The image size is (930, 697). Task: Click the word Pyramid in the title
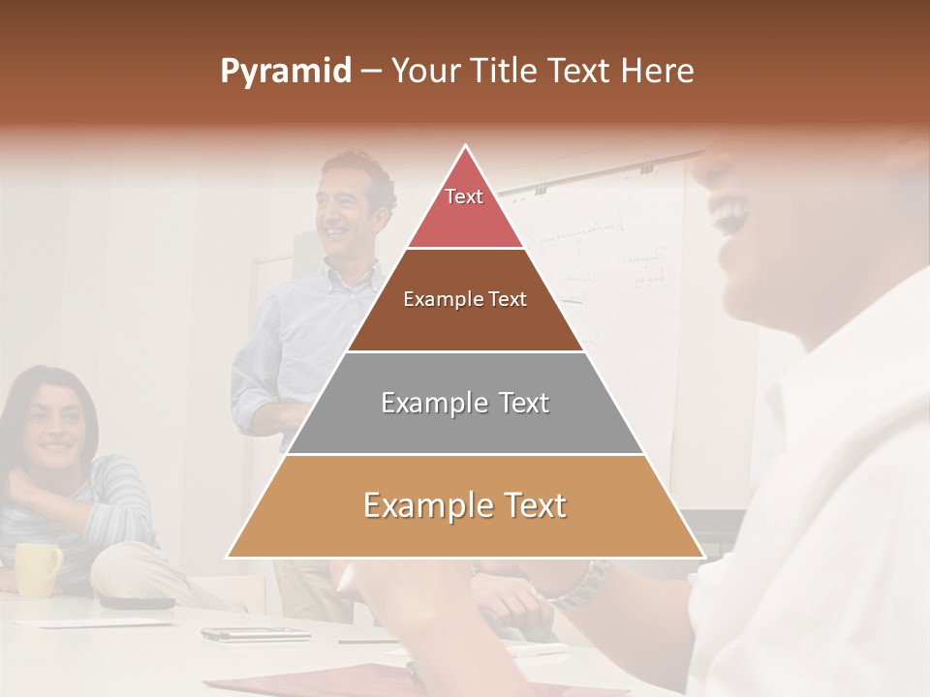point(285,72)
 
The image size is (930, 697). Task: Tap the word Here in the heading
point(657,71)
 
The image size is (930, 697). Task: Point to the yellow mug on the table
point(37,568)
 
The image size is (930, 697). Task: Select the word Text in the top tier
point(464,197)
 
